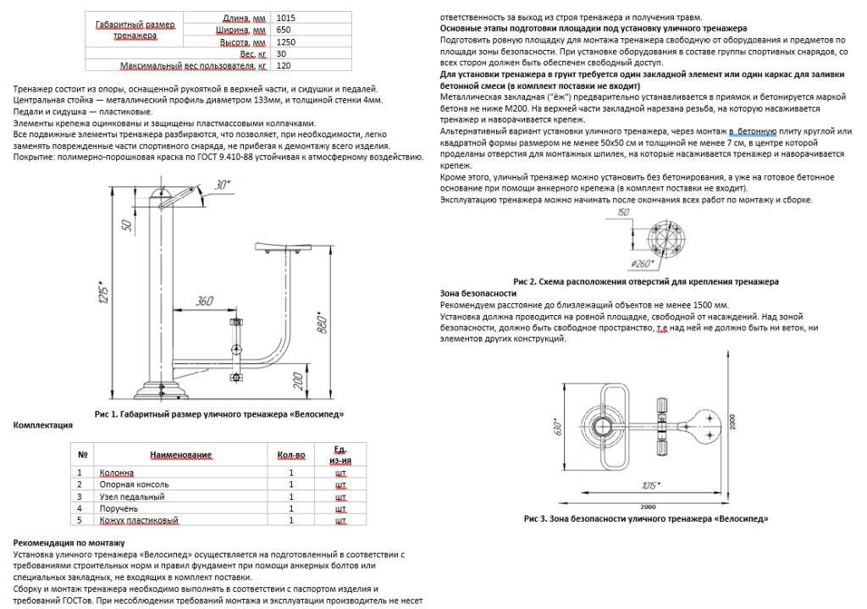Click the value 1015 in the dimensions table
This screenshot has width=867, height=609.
click(x=286, y=17)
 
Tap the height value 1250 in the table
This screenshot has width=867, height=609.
click(x=286, y=41)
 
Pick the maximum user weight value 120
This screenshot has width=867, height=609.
click(x=284, y=65)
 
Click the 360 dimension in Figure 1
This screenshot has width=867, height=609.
click(x=204, y=301)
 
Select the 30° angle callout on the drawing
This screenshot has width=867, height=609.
click(x=222, y=184)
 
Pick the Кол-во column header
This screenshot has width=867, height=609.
click(x=290, y=455)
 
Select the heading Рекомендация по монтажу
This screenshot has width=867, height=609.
click(x=69, y=543)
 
